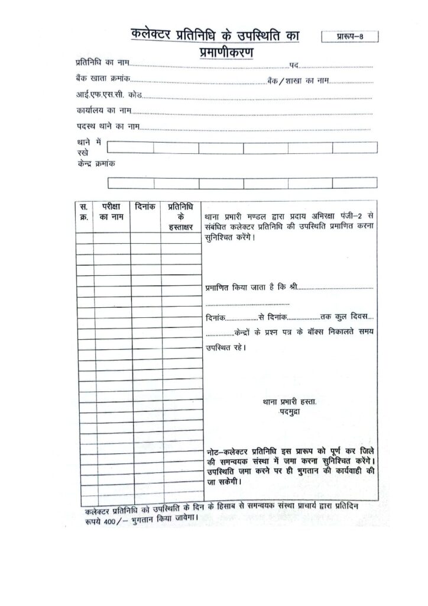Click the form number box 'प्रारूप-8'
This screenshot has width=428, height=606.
pos(348,37)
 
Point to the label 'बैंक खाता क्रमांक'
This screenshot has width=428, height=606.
pos(102,79)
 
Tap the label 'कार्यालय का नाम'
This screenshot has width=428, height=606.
pos(102,111)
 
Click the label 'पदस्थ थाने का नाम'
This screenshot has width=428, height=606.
pos(107,127)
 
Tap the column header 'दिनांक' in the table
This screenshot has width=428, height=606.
pos(145,208)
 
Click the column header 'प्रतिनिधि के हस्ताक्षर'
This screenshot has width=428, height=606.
pos(180,217)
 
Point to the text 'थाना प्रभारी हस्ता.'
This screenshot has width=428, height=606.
pos(289,401)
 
